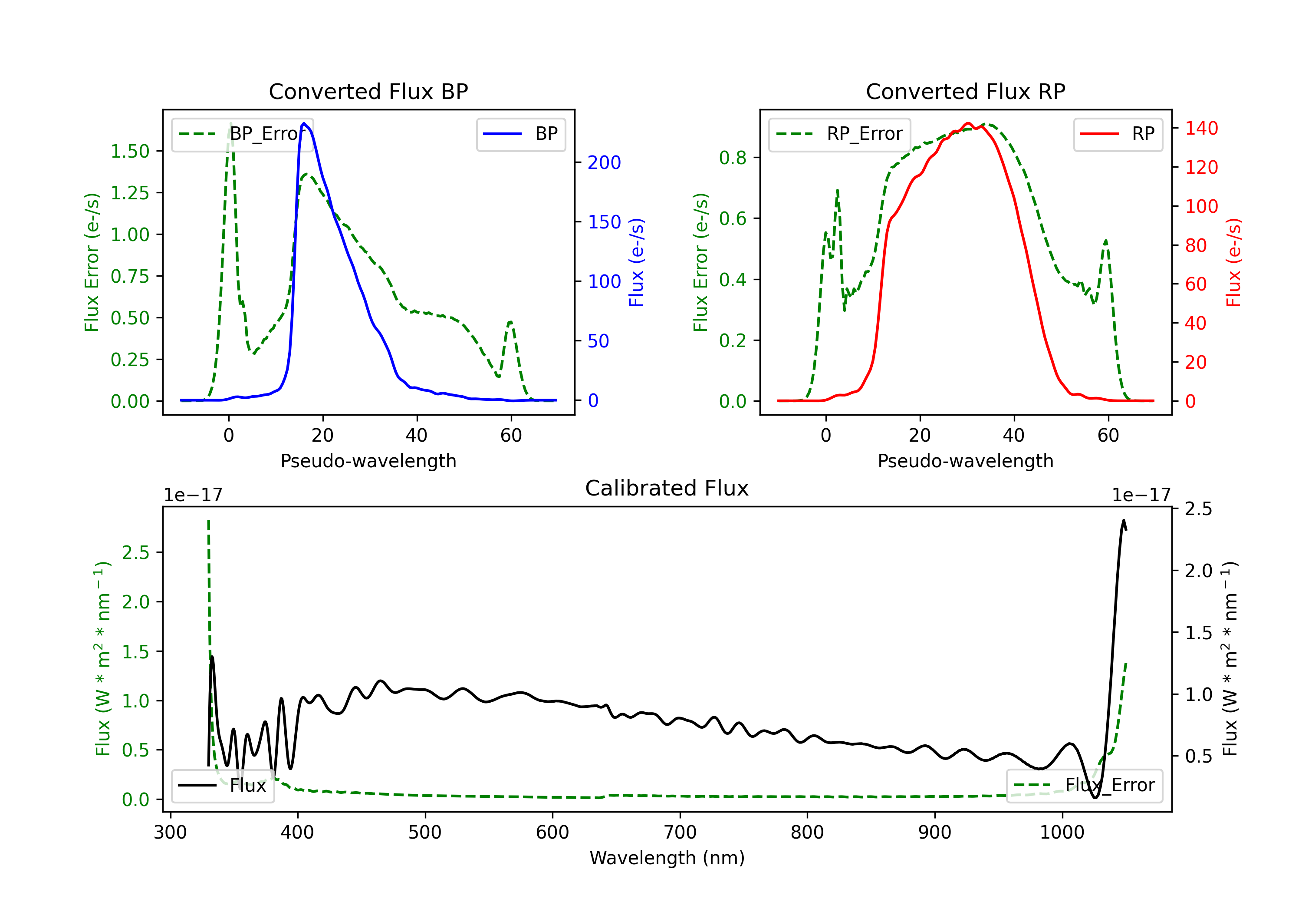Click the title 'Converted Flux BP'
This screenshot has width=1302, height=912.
pyautogui.click(x=368, y=91)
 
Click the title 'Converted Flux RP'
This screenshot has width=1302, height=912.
pyautogui.click(x=965, y=91)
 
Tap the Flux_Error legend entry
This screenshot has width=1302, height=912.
pyautogui.click(x=1084, y=786)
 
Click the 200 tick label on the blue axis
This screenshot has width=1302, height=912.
pyautogui.click(x=604, y=163)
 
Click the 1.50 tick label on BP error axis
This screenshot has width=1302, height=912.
pyautogui.click(x=130, y=152)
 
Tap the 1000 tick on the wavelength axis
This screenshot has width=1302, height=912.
pyautogui.click(x=1062, y=833)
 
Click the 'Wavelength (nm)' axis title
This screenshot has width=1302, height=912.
pyautogui.click(x=667, y=858)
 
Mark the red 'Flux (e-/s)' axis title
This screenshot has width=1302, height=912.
pyautogui.click(x=1233, y=262)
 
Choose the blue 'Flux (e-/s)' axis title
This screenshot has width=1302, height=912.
pyautogui.click(x=636, y=262)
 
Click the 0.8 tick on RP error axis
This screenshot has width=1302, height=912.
pyautogui.click(x=733, y=158)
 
